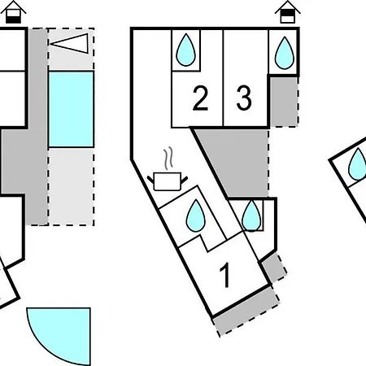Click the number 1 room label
pyautogui.click(x=225, y=275)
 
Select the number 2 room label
pyautogui.click(x=200, y=98)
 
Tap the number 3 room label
pyautogui.click(x=244, y=98)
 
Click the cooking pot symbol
pyautogui.click(x=168, y=181)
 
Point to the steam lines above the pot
pyautogui.click(x=168, y=159)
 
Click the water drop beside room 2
pyautogui.click(x=186, y=50)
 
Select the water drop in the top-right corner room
pyautogui.click(x=285, y=53)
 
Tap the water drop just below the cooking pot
pyautogui.click(x=196, y=216)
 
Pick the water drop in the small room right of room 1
pyautogui.click(x=251, y=216)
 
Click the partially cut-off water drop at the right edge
pyautogui.click(x=358, y=164)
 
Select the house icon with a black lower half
pyautogui.click(x=13, y=12)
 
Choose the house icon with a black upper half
pyautogui.click(x=288, y=12)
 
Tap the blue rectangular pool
pyautogui.click(x=71, y=109)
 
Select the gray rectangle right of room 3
pyautogui.click(x=284, y=102)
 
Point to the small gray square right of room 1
pyautogui.click(x=273, y=268)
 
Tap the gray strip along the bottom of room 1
pyautogui.click(x=246, y=311)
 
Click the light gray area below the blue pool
pyautogui.click(x=71, y=186)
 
